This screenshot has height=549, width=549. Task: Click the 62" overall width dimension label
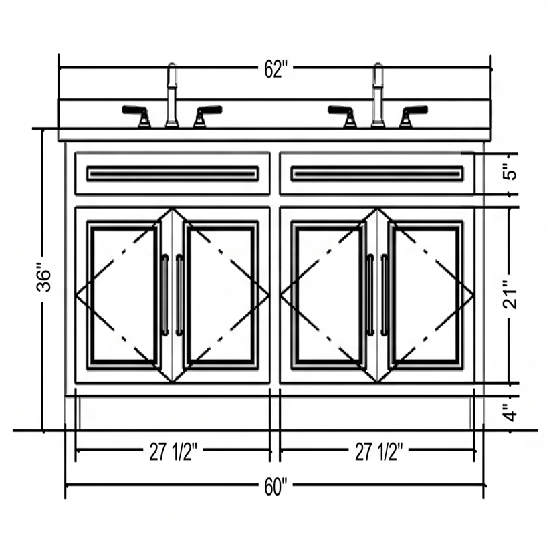[x=276, y=70]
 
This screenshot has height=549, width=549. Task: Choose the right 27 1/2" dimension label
[x=377, y=452]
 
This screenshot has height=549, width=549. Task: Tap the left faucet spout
[x=172, y=94]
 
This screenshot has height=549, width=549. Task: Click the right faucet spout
[x=377, y=94]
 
